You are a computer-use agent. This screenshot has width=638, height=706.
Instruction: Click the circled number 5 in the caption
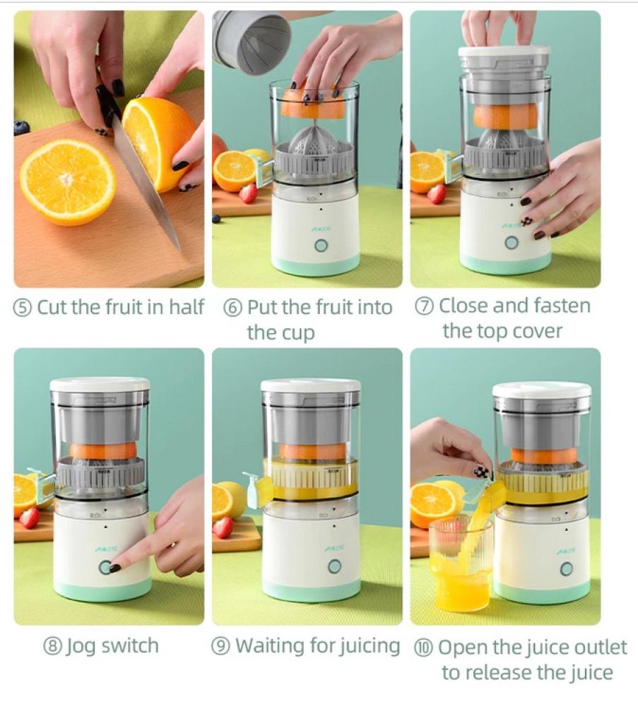(x=23, y=308)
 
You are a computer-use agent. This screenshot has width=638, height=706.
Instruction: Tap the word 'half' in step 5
(x=187, y=307)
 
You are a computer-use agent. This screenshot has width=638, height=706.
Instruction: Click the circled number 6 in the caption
(x=232, y=308)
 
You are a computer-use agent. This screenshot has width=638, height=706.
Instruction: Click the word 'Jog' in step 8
(x=81, y=647)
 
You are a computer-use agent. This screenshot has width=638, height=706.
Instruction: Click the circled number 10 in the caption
(x=423, y=648)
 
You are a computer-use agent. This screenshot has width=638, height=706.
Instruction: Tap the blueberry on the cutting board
(x=20, y=127)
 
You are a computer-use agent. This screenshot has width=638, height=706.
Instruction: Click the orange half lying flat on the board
(x=68, y=182)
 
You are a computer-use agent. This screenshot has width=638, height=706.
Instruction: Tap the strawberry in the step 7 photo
(x=436, y=194)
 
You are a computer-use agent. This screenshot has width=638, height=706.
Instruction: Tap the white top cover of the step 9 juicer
(x=311, y=385)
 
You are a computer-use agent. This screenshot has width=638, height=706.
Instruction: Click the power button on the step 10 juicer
(x=567, y=569)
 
